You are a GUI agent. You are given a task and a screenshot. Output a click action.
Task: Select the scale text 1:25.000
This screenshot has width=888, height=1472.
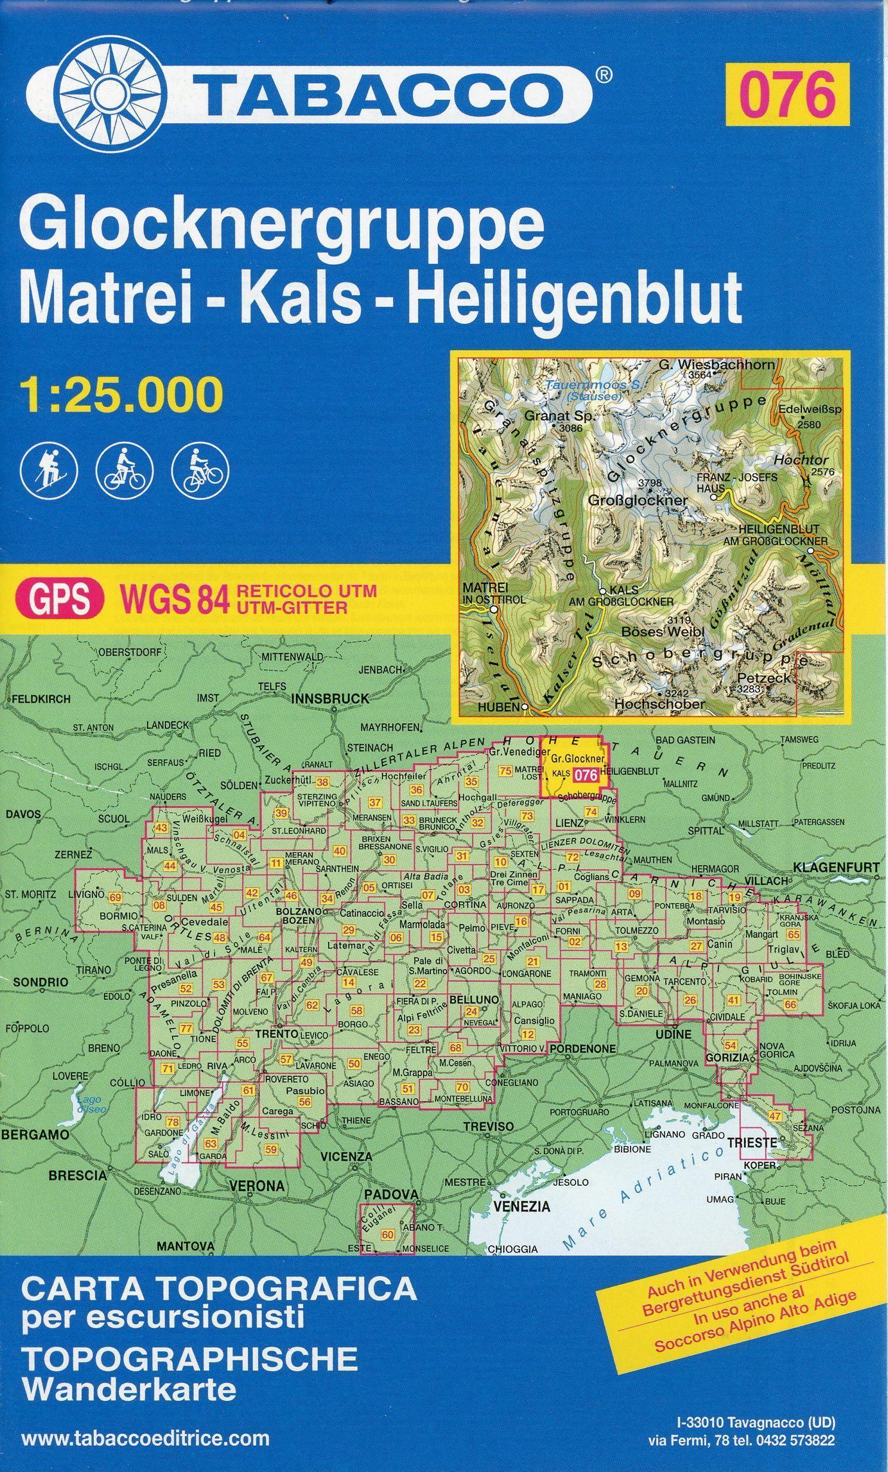[121, 394]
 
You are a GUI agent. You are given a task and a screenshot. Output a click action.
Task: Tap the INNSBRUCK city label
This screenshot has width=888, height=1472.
[329, 698]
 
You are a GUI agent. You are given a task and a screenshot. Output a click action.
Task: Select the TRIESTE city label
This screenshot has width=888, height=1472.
[752, 1142]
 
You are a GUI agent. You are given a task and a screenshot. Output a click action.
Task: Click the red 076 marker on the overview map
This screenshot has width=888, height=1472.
[586, 775]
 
